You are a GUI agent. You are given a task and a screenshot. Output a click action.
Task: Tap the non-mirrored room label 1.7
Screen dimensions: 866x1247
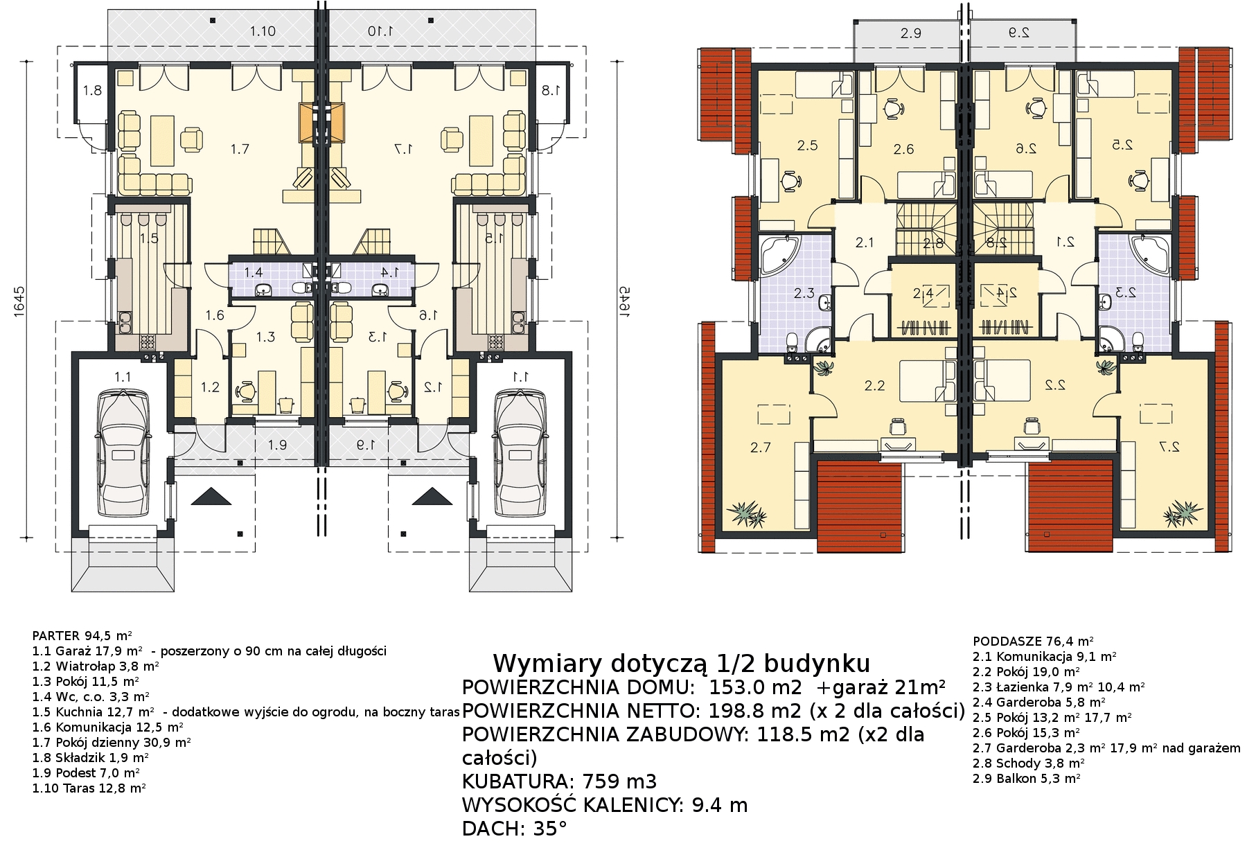pos(240,148)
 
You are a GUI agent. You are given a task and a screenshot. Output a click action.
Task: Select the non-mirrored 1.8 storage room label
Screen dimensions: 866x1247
pos(92,90)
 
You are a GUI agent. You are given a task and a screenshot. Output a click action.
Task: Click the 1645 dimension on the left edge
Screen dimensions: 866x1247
pos(19,301)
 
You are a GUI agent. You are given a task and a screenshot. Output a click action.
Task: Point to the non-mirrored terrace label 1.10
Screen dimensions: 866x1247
pos(263,31)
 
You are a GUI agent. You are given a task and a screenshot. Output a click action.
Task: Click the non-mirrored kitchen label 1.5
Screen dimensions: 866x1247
pos(149,239)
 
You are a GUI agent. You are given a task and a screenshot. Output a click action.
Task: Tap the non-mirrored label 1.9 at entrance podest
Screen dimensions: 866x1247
pos(277,445)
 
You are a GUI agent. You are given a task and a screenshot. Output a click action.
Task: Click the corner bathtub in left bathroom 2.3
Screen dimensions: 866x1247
pos(780,254)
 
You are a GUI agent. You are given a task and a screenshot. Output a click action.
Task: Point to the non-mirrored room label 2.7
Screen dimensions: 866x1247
pos(760,448)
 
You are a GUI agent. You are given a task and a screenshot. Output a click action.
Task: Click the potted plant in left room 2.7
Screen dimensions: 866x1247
pos(747,513)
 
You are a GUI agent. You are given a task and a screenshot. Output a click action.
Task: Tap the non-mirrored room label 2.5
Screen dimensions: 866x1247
pos(807,145)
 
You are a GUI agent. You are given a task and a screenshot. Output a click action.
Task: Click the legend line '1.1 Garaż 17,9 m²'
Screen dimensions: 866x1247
pos(87,651)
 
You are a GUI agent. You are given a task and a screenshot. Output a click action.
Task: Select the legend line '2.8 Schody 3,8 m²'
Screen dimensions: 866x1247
pos(1028,763)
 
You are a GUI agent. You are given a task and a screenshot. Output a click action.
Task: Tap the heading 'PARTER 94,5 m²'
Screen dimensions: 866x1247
pos(82,635)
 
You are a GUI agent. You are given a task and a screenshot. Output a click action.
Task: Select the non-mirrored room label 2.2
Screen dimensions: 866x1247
pos(875,386)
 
